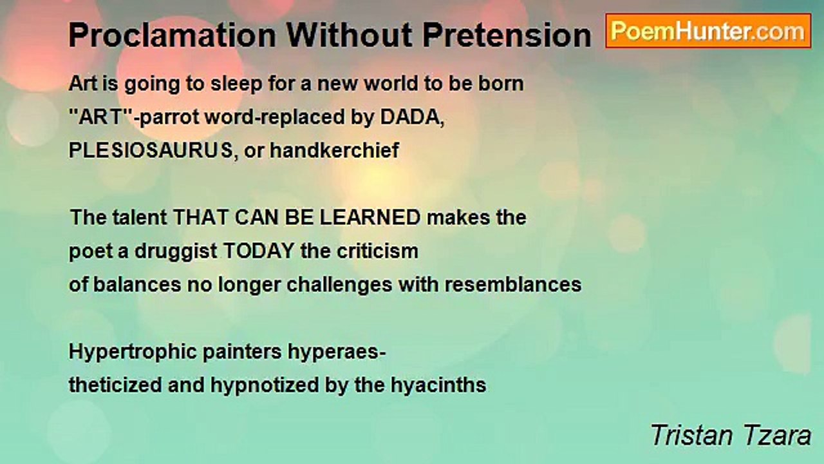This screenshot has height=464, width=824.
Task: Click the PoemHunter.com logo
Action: point(708,31)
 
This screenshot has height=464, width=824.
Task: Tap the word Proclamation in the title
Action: point(172,35)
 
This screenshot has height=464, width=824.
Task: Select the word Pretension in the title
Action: point(507,35)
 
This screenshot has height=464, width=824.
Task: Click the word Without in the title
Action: point(350,35)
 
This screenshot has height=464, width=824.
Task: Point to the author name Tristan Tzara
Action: point(731,435)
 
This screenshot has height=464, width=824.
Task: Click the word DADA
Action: point(412,117)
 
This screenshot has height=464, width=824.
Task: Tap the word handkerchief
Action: point(334,150)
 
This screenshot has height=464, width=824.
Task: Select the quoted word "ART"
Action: point(101,117)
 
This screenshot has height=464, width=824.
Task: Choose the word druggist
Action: point(176,252)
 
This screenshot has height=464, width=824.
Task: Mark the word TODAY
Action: point(259,251)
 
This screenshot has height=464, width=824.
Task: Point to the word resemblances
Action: point(513,285)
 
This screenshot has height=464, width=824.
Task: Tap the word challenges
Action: point(339,285)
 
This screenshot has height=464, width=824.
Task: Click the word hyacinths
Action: point(438,386)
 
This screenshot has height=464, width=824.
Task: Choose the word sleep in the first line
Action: point(236,84)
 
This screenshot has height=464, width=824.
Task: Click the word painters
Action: point(242,353)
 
